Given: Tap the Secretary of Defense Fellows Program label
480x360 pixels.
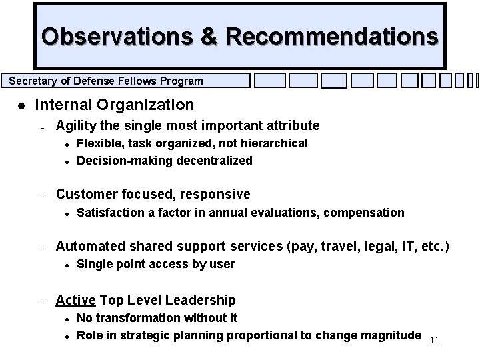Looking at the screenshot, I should pos(106,81).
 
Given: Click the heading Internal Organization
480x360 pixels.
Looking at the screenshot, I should pos(114,105).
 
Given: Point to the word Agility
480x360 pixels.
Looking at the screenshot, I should pos(75,125).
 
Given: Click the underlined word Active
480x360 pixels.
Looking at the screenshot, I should pos(76,300).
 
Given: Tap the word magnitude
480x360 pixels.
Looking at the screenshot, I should pos(389,335).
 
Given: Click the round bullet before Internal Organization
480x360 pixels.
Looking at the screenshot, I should pos(22,105).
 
